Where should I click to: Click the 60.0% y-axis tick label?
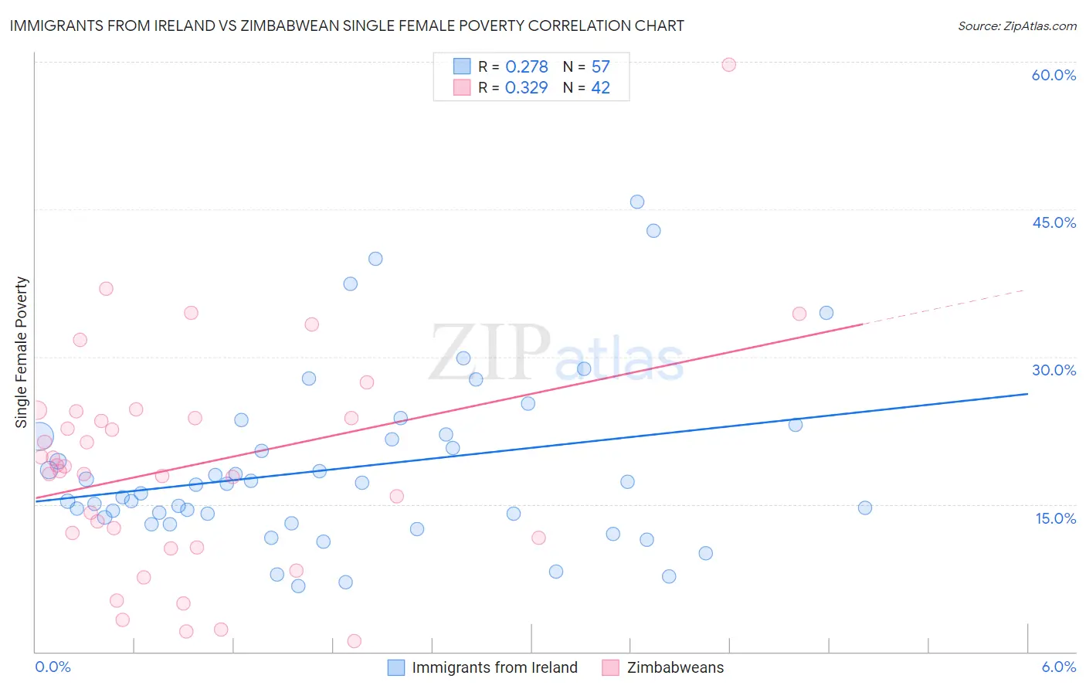click(1054, 75)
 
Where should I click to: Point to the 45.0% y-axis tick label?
click(1054, 222)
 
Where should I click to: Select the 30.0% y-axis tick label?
click(1054, 370)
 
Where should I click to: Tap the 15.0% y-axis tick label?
click(1055, 518)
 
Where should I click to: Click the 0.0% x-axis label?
click(53, 667)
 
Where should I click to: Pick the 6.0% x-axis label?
click(1058, 667)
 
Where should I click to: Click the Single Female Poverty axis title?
click(22, 352)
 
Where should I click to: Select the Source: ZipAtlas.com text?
click(1016, 25)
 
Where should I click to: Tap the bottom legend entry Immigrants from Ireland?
click(494, 667)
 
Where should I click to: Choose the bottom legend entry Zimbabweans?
click(675, 667)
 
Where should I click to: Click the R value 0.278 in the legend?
click(526, 67)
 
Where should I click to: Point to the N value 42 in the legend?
click(600, 88)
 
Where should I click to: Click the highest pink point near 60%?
click(728, 65)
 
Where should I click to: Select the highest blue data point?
click(637, 202)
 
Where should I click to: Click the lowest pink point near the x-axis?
click(355, 640)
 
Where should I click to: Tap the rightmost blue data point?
click(865, 507)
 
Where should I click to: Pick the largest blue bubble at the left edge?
click(39, 437)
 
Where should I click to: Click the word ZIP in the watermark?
click(490, 352)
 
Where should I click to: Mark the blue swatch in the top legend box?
click(461, 66)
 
